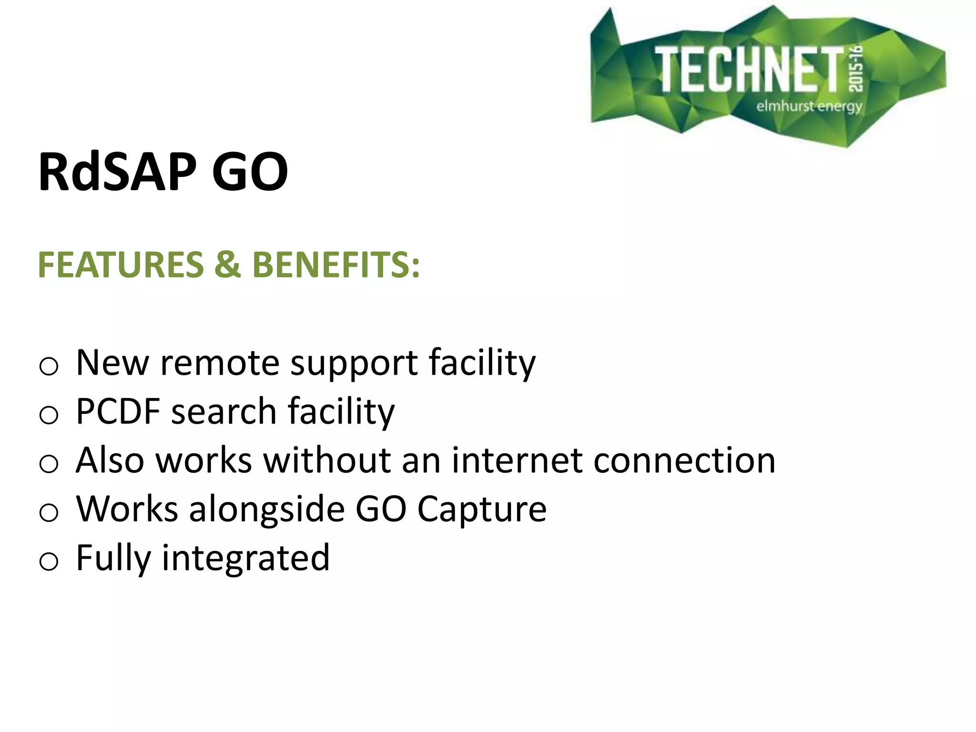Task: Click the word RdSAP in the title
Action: pos(117,172)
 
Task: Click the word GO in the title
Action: pos(250,172)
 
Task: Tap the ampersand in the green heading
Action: pos(227,265)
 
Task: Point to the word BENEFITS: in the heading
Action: pos(336,265)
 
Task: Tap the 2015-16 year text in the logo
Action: pos(856,69)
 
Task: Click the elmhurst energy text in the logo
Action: pos(809,106)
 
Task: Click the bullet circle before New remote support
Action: pos(49,366)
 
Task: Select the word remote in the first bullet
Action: pos(219,363)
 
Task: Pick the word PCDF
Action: pos(118,411)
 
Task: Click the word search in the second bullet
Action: pos(224,411)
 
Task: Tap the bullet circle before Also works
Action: pos(49,464)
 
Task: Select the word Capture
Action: pos(482,510)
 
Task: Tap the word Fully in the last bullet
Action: pos(113,559)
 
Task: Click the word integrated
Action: pos(246,559)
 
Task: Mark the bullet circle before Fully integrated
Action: pos(49,561)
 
